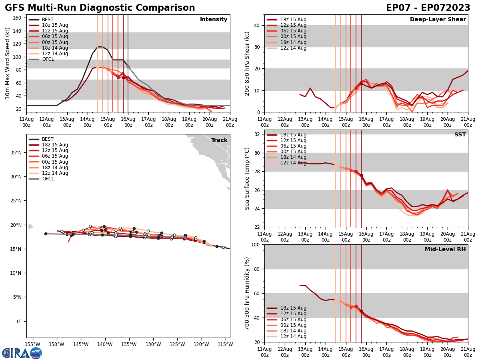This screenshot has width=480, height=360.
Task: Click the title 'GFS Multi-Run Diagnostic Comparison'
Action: (100, 8)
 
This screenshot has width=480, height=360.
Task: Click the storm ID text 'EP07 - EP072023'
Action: (428, 8)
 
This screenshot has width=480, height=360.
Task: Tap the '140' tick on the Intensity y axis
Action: (18, 31)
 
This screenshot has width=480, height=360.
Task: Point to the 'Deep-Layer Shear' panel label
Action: (438, 20)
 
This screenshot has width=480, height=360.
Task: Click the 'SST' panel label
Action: (460, 135)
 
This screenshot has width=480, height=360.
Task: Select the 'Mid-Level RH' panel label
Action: (445, 250)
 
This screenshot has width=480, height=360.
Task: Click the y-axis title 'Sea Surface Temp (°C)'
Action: (248, 178)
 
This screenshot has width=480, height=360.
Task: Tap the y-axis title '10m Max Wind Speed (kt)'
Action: (8, 63)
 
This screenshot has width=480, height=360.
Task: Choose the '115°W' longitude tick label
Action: (225, 344)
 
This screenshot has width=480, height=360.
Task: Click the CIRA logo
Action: (22, 353)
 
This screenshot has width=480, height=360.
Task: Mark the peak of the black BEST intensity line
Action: (100, 47)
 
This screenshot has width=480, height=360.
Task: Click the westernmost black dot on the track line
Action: (46, 234)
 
